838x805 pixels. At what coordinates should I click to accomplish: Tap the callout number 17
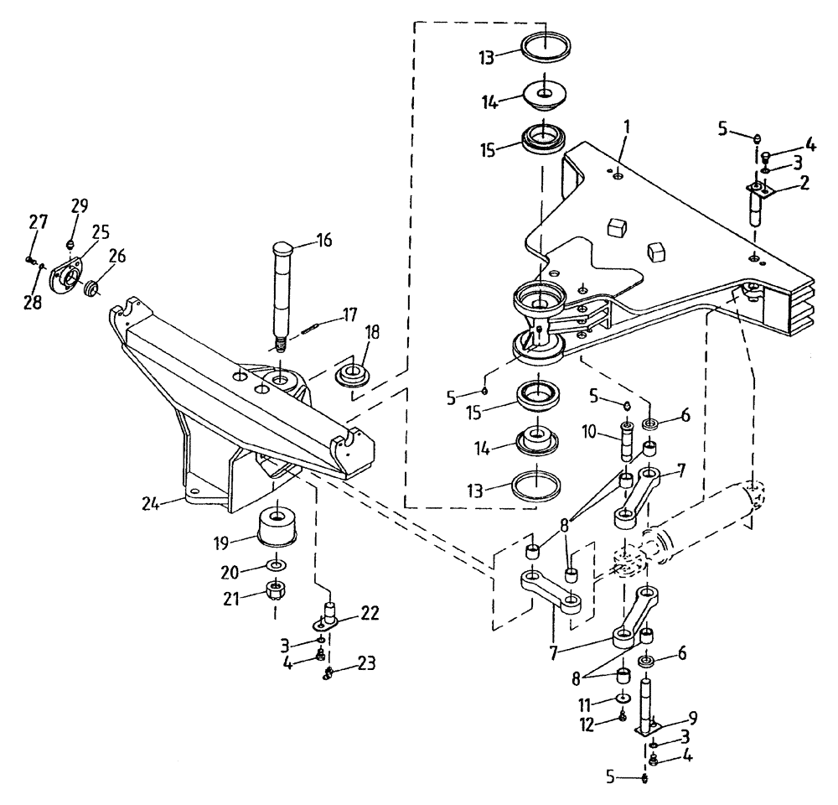(349, 316)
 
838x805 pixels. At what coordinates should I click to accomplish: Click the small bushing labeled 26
(91, 290)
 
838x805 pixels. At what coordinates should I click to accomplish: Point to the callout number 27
(37, 222)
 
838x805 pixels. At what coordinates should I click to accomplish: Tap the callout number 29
(79, 205)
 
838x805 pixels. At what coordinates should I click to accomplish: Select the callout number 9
(692, 717)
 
